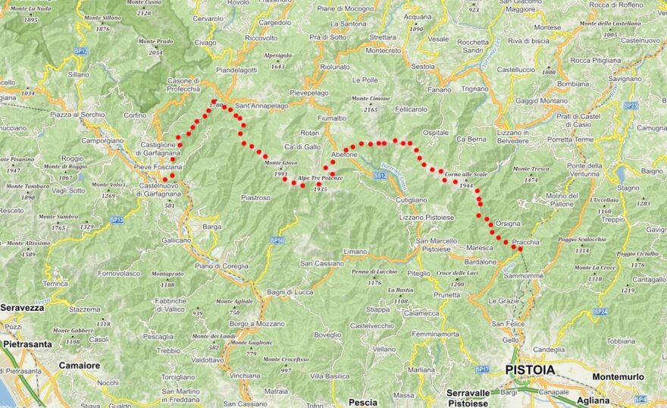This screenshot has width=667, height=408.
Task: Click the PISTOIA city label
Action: tap(528, 369)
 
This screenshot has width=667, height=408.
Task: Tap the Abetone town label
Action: tap(344, 155)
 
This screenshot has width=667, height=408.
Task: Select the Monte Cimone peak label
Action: tap(371, 99)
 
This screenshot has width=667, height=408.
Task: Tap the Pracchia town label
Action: tap(525, 243)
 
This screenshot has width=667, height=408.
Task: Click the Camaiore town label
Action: tap(80, 365)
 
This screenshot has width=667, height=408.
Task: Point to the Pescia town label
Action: tap(362, 402)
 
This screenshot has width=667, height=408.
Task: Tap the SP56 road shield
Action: tap(277, 240)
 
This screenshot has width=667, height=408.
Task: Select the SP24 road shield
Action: tap(601, 311)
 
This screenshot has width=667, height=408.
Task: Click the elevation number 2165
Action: tap(371, 109)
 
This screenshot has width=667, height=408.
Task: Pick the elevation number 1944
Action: tap(466, 185)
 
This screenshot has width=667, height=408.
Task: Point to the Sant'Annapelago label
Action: tap(261, 105)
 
